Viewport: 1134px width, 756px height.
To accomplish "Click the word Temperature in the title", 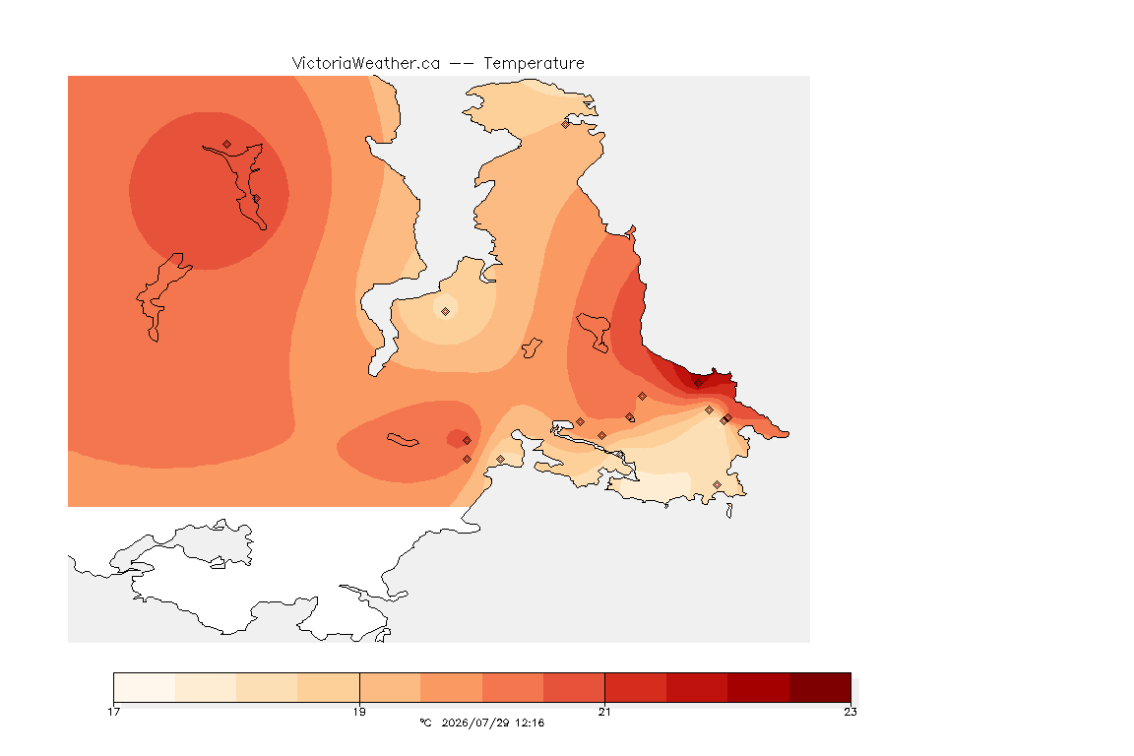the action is click(x=534, y=64).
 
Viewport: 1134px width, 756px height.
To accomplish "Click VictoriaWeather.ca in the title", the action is click(x=366, y=64).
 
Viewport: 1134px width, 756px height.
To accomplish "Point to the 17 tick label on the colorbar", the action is click(x=113, y=712).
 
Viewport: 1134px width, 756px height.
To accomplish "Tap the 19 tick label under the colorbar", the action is click(x=359, y=712).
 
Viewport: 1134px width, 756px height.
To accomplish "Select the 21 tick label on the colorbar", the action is click(x=604, y=712).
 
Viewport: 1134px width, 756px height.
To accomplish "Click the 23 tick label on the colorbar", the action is click(x=850, y=712).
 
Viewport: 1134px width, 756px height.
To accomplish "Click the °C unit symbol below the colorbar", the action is click(x=425, y=723).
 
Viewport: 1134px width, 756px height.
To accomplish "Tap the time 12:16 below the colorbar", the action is click(x=530, y=723).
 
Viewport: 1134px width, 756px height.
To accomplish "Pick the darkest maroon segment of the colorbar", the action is click(x=820, y=687).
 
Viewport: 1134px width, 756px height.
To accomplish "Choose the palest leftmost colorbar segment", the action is click(x=145, y=687).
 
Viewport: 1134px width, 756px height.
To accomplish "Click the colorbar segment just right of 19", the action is click(x=390, y=687).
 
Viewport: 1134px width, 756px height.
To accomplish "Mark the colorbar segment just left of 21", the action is click(x=574, y=687).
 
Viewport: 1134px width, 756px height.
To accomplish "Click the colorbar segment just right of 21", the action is click(x=636, y=687).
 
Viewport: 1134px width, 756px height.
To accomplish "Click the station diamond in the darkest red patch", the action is click(x=698, y=384).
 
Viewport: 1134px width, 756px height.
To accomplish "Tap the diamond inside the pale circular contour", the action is click(x=446, y=312).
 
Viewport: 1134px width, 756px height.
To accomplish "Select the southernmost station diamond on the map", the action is click(x=717, y=484).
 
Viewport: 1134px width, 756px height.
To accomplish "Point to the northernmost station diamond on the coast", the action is click(x=566, y=124).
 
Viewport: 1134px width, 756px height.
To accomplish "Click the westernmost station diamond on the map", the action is click(x=227, y=145).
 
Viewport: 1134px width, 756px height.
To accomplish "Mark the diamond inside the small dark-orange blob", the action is click(x=468, y=441).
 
